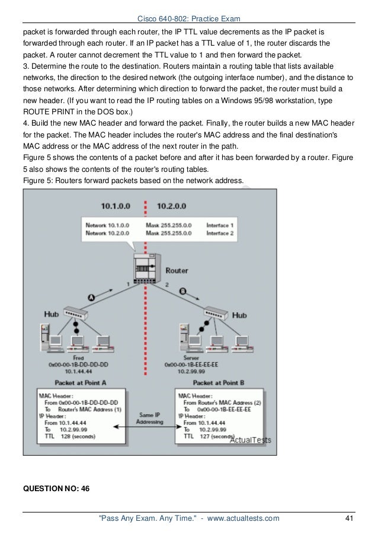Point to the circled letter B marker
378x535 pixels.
click(182, 291)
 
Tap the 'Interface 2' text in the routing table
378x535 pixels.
click(220, 233)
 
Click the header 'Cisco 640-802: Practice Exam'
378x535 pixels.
click(188, 18)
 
